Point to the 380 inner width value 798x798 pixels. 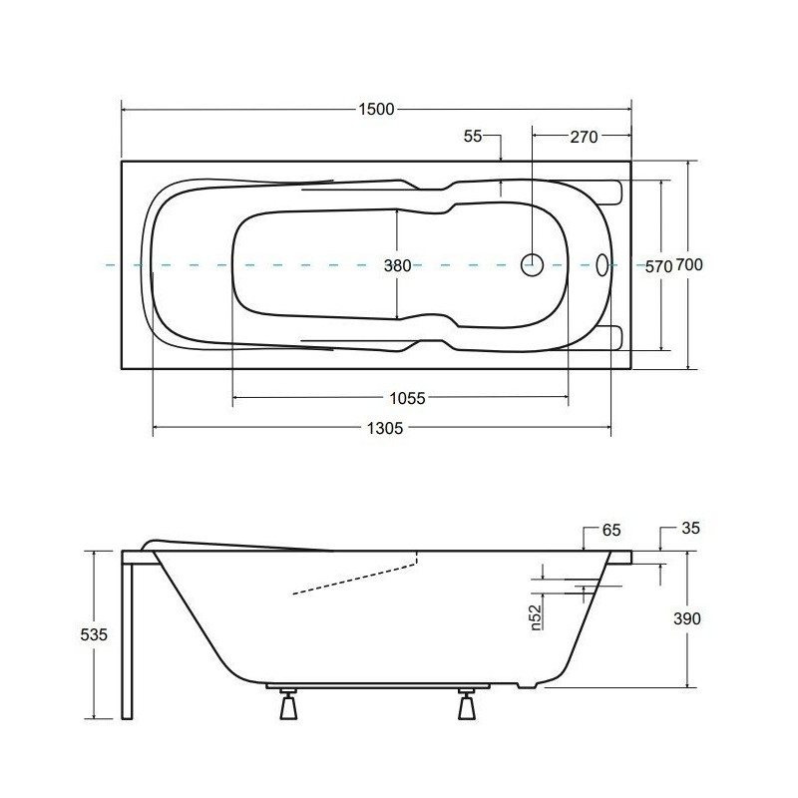pos(398,265)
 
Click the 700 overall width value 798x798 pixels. pos(690,265)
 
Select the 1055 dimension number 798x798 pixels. pos(407,398)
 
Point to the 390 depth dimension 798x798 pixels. pos(687,618)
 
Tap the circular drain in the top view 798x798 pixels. pos(533,264)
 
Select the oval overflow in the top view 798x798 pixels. pos(601,264)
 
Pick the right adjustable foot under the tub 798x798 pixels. pos(466,705)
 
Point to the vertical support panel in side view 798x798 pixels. pos(127,638)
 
